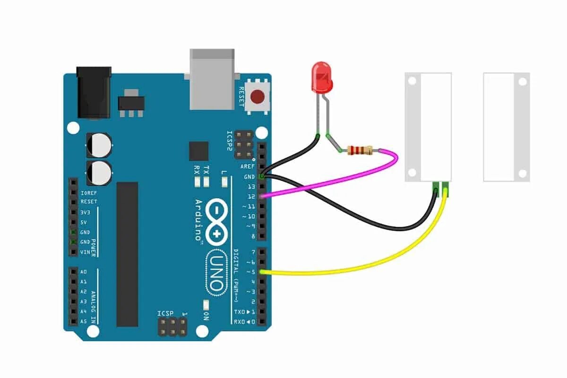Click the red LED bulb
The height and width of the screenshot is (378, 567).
[322, 76]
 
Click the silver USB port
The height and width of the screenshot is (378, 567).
[212, 77]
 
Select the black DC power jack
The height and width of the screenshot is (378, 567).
[94, 92]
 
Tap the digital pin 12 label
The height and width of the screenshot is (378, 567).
[251, 197]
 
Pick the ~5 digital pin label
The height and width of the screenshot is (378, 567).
[250, 272]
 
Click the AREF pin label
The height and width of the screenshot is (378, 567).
[247, 166]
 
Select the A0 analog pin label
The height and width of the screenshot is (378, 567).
[83, 272]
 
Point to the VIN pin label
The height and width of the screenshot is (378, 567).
[85, 252]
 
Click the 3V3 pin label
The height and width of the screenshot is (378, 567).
[86, 212]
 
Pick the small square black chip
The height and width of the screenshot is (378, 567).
[198, 151]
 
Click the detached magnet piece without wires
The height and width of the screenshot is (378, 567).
[506, 127]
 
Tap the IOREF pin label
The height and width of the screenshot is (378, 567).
[88, 193]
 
